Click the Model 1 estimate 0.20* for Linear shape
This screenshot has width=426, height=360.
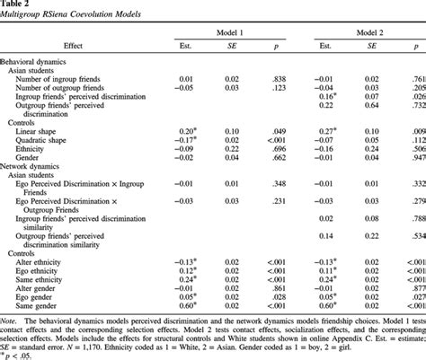[185, 131]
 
